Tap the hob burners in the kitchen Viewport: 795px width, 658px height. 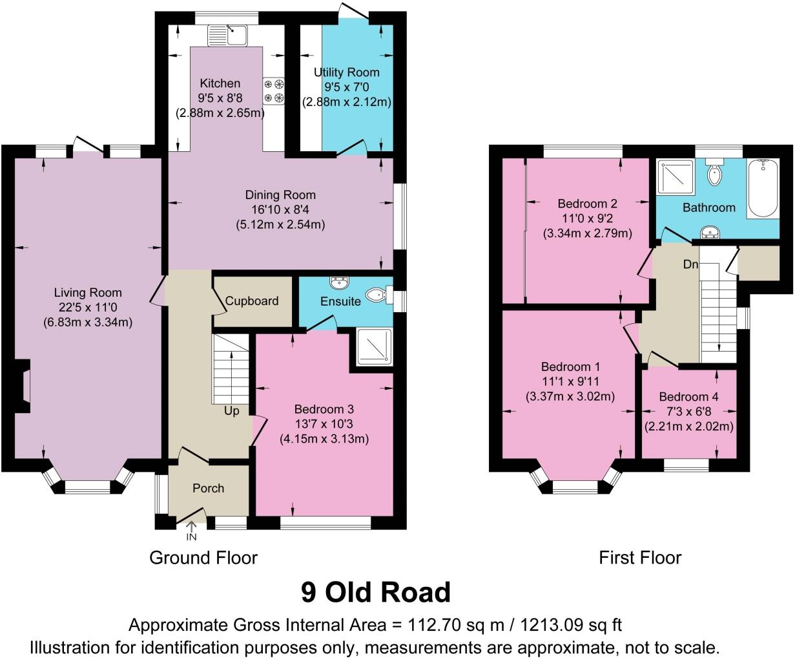click(x=274, y=90)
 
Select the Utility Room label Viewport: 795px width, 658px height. click(x=347, y=72)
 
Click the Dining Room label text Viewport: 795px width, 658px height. click(x=280, y=195)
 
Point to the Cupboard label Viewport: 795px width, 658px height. click(x=252, y=301)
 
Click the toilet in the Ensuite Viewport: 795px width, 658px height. click(x=378, y=295)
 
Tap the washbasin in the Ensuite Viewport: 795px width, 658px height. click(x=338, y=283)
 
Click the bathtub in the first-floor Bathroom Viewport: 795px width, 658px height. click(x=764, y=188)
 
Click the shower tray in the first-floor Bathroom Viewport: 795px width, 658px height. click(x=675, y=176)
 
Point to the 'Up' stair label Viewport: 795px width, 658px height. click(x=232, y=410)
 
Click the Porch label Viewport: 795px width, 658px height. click(x=209, y=488)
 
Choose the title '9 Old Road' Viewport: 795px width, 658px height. click(x=375, y=591)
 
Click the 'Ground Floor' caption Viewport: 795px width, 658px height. click(x=203, y=557)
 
